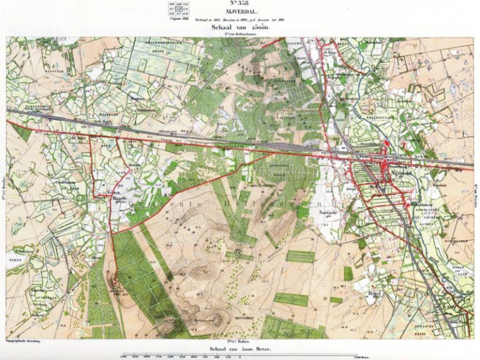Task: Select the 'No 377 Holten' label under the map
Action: coord(239,341)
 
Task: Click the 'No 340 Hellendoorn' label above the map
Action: coord(239,36)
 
